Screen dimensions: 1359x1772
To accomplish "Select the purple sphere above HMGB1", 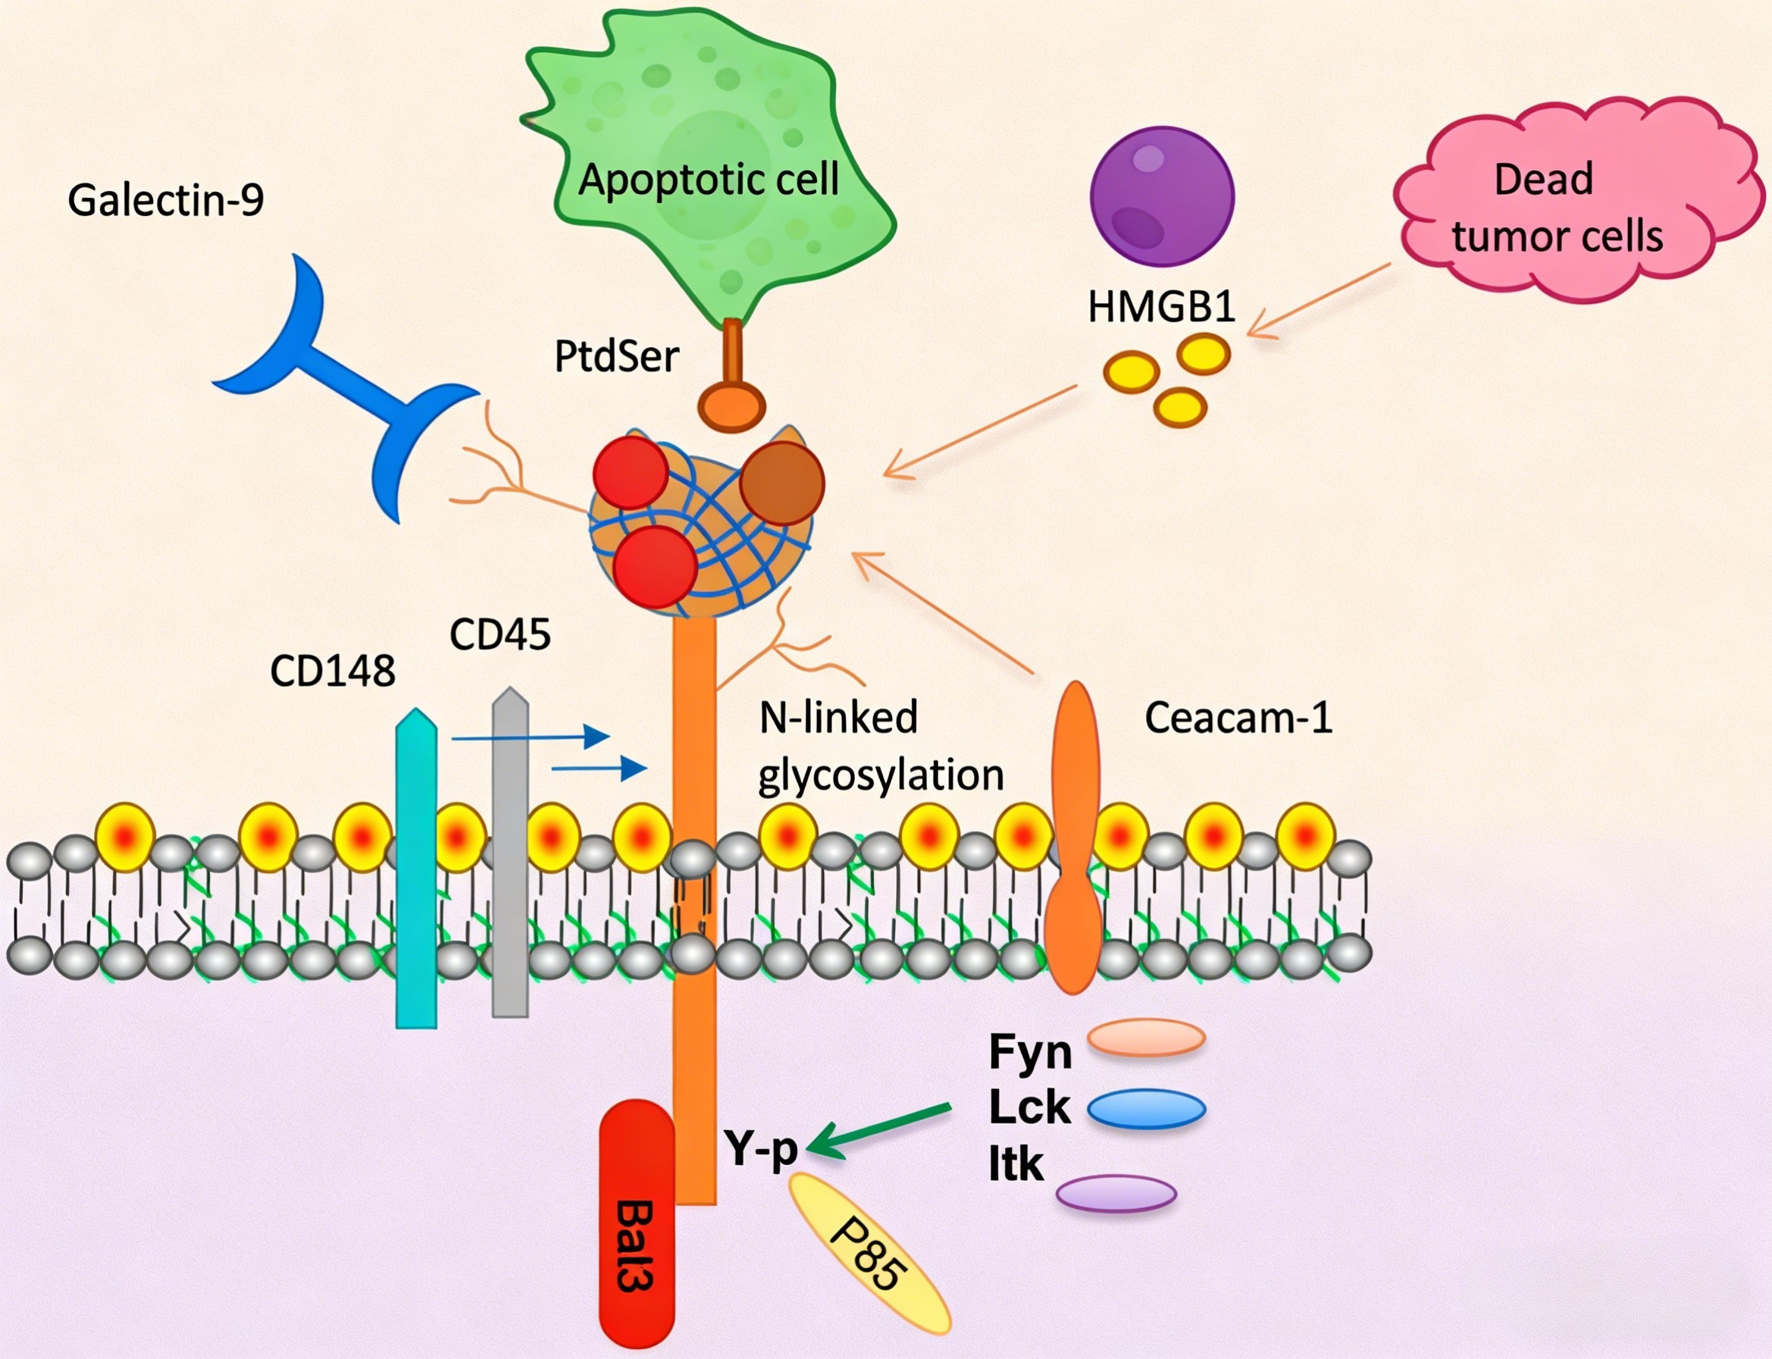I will point(1161,196).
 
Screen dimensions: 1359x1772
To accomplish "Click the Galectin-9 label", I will point(166,200).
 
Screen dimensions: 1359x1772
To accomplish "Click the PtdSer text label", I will point(616,356).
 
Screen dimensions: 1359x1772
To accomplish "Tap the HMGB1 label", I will point(1161,308).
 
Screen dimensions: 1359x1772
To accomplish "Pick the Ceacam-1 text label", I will point(1238,718).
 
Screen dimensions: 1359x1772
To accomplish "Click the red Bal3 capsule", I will point(637,1222).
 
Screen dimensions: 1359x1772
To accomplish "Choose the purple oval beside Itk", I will point(1116,1193).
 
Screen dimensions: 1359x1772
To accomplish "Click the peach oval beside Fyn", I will point(1146,1038).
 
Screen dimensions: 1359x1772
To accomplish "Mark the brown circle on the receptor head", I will point(781,482).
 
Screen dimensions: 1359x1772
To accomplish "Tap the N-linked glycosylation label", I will point(880,746).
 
